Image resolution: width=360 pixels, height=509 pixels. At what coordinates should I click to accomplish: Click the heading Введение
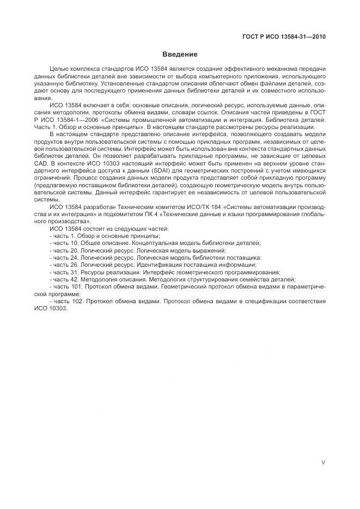pos(180,54)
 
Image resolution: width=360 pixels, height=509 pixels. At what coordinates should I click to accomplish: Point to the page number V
pos(324,462)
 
